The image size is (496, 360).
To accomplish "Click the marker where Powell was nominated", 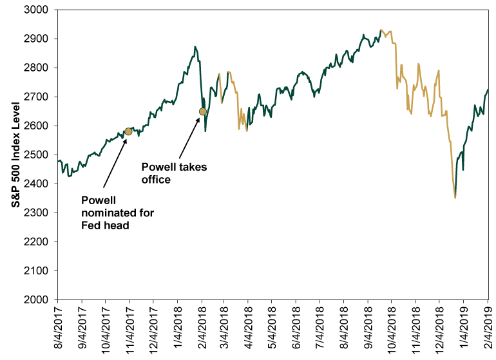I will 128,131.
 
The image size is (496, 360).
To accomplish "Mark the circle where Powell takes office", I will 203,111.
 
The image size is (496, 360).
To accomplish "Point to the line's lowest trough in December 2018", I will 455,198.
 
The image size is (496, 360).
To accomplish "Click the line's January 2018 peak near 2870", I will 195,47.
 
